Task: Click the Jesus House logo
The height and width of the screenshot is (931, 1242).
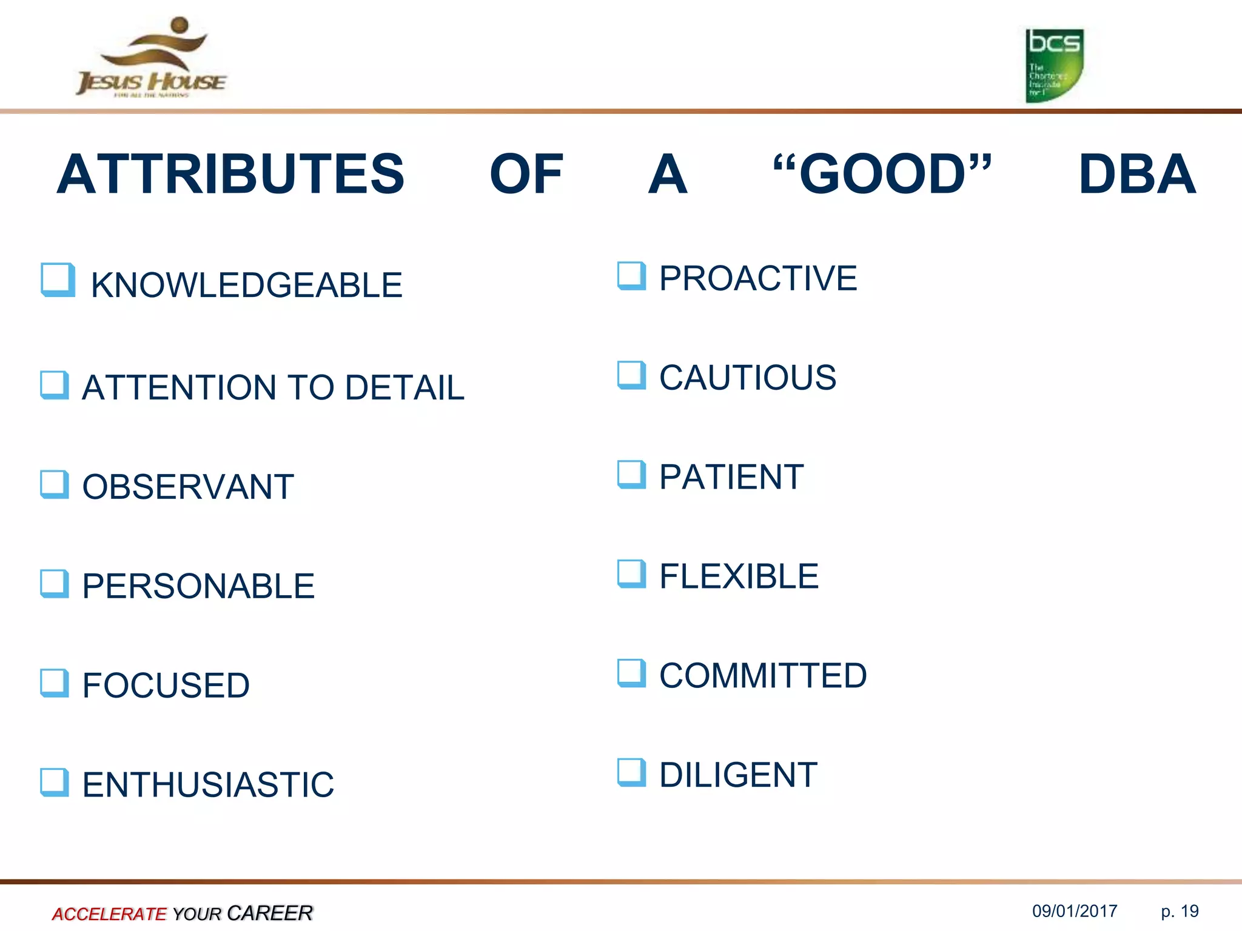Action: point(152,58)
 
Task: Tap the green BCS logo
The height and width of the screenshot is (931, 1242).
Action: point(1054,65)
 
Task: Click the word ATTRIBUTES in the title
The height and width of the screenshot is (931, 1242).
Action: point(230,175)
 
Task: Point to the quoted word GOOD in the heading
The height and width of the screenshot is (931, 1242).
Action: point(882,174)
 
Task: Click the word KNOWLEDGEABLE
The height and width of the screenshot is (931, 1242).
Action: point(246,285)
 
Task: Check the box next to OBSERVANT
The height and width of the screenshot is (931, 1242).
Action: point(55,484)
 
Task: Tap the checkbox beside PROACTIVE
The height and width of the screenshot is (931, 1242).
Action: point(631,276)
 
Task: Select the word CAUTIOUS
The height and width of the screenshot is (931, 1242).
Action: point(747,378)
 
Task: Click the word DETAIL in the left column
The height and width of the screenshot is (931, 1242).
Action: point(404,388)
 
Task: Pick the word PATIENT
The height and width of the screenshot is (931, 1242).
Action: point(731,477)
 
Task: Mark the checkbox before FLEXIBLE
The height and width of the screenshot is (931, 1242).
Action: point(631,573)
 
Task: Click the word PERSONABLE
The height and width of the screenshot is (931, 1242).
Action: point(198,586)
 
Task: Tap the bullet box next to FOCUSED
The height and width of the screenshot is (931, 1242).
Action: point(55,683)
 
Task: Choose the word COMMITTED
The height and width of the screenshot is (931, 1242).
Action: point(763,676)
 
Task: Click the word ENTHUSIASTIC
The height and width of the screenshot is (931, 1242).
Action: point(208,785)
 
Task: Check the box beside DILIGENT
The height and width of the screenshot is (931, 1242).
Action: point(631,772)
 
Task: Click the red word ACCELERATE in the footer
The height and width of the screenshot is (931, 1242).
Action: point(109,913)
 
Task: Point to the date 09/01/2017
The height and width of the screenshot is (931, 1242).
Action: point(1075,911)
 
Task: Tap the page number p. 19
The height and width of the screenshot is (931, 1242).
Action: point(1180,911)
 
